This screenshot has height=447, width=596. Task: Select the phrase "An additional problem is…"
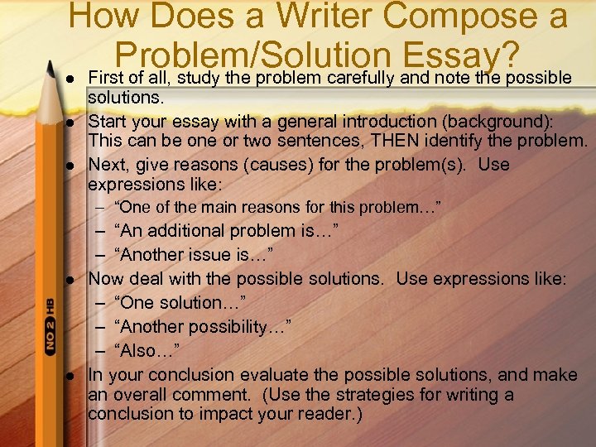[227, 230]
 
